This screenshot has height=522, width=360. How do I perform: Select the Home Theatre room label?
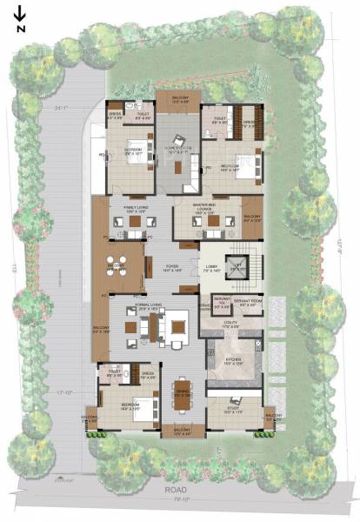pos(178,149)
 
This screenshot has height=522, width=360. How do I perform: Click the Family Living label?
pos(137,207)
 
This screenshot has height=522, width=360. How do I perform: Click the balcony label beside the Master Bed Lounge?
pos(252,217)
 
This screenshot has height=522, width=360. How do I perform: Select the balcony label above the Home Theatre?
pos(180,98)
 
